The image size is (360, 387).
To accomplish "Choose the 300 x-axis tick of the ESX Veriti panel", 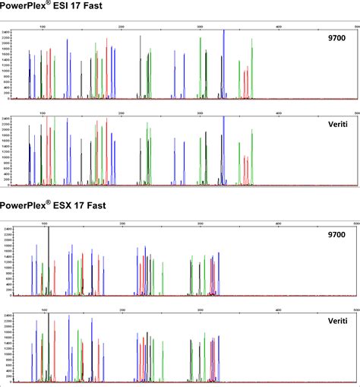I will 200,310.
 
